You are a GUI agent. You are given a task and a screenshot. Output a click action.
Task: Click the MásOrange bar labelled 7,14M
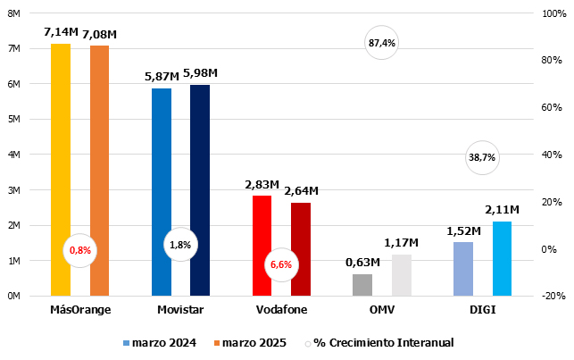point(61,170)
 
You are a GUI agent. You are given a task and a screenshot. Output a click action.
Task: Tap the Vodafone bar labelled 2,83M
point(262,246)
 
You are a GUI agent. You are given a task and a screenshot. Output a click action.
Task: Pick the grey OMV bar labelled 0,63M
point(362,285)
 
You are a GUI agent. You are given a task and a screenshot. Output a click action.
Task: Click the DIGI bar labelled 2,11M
point(502,258)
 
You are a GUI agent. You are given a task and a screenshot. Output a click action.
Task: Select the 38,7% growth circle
point(482,157)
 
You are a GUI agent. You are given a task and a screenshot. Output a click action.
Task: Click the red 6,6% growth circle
point(281,264)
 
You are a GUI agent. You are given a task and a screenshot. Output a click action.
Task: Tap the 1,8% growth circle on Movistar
point(180,244)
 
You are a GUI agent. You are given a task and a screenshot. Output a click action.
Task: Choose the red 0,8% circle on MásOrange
point(80,250)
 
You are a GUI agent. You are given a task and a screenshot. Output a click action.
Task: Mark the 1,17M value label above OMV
point(402,243)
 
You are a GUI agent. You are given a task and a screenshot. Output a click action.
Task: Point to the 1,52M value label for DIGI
point(463,230)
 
